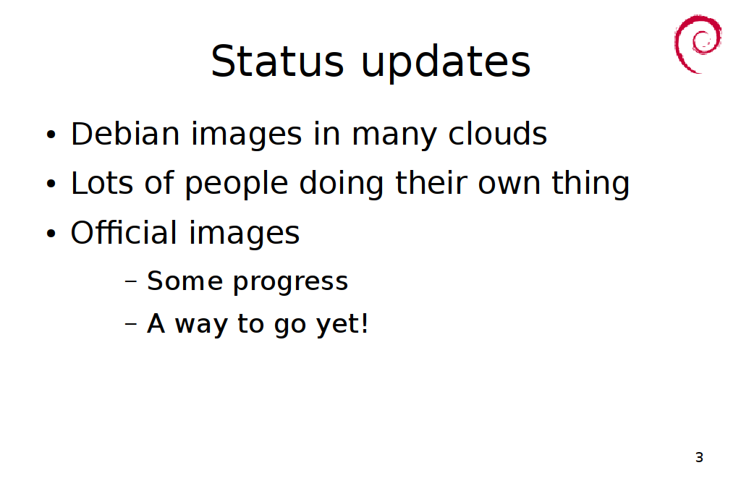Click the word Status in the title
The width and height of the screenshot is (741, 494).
(x=277, y=61)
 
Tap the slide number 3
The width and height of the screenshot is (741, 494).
(x=700, y=457)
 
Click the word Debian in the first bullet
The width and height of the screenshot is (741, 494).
(x=125, y=133)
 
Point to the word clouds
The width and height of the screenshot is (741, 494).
(x=498, y=133)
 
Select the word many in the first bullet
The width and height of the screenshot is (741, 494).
(x=394, y=137)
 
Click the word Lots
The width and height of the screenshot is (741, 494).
(x=101, y=182)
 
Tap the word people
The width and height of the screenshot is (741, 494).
(x=237, y=184)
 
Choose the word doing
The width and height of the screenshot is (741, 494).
(x=342, y=184)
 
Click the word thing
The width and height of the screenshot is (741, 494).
(x=590, y=184)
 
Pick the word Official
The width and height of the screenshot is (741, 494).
(x=124, y=232)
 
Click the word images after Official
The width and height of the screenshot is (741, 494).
(x=245, y=234)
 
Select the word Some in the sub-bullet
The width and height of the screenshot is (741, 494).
(x=185, y=281)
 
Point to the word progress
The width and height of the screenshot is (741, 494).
(x=291, y=283)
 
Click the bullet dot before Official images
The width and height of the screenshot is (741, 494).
(x=51, y=234)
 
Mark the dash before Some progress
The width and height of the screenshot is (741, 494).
(x=131, y=281)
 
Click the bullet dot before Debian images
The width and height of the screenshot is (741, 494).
(x=51, y=135)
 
